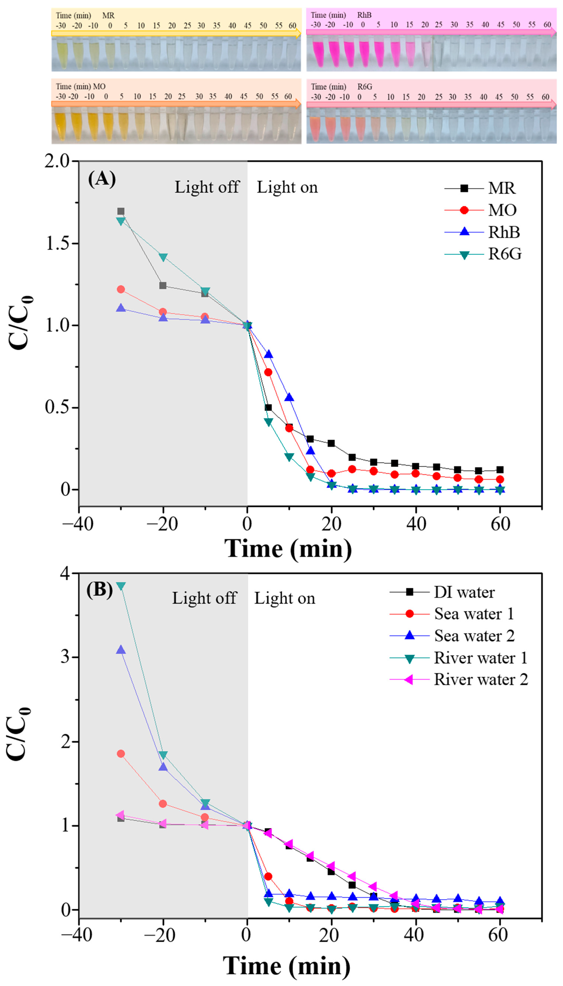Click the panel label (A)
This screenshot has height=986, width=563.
(102, 179)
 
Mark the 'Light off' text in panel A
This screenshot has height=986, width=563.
(207, 187)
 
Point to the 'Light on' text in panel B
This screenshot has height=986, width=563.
(284, 598)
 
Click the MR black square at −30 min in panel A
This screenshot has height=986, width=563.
(121, 211)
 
